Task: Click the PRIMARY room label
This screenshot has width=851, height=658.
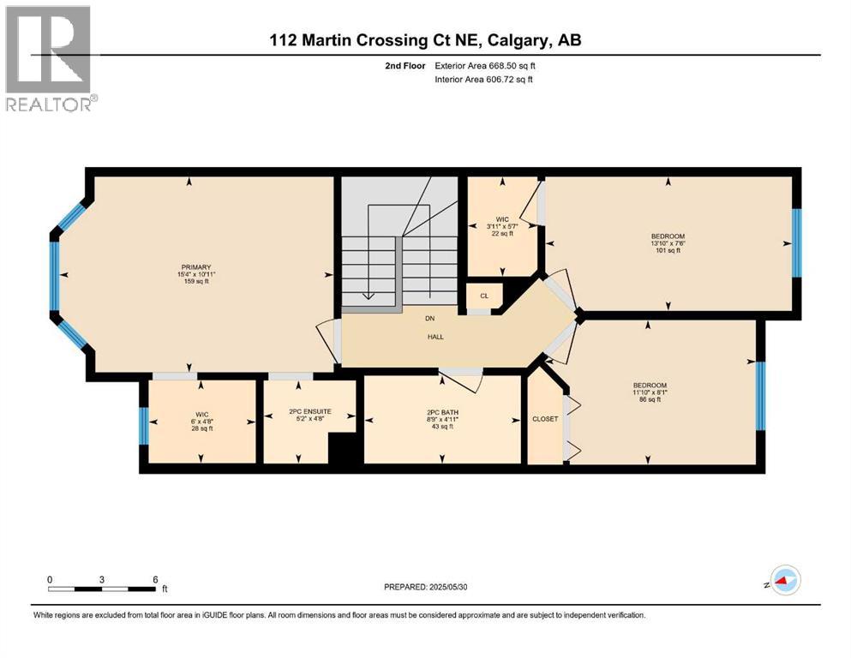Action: [x=190, y=267]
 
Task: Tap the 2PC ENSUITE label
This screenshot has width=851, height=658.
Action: [x=309, y=412]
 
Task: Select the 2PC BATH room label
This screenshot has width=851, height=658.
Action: [x=443, y=412]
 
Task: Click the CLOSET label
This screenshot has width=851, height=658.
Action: [x=545, y=419]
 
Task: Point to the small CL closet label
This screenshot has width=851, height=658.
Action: [x=484, y=296]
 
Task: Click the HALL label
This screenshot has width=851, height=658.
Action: [x=435, y=337]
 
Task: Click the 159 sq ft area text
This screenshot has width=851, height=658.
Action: [x=190, y=282]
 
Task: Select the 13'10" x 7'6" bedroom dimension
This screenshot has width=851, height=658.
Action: [x=668, y=243]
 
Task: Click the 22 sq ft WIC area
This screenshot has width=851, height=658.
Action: [x=502, y=234]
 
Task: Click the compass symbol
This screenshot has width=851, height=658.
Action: [x=783, y=582]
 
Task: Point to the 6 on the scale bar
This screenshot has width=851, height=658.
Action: [x=155, y=578]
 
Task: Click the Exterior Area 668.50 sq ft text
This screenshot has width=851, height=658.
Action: [x=485, y=65]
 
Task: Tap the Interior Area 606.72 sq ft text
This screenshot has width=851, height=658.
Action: [x=485, y=79]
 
